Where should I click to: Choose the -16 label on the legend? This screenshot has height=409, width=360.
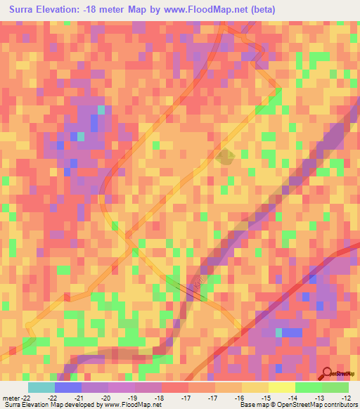coord(229,396)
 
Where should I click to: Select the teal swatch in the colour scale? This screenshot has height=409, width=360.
coord(41,387)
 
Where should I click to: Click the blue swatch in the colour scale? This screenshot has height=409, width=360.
coord(67,387)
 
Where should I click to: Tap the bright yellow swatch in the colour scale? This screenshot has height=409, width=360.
coord(282,387)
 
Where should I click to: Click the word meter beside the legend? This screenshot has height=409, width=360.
coord(11,396)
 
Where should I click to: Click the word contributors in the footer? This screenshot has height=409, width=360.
coord(337,405)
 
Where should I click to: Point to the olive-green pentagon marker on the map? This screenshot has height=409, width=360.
coord(225,157)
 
